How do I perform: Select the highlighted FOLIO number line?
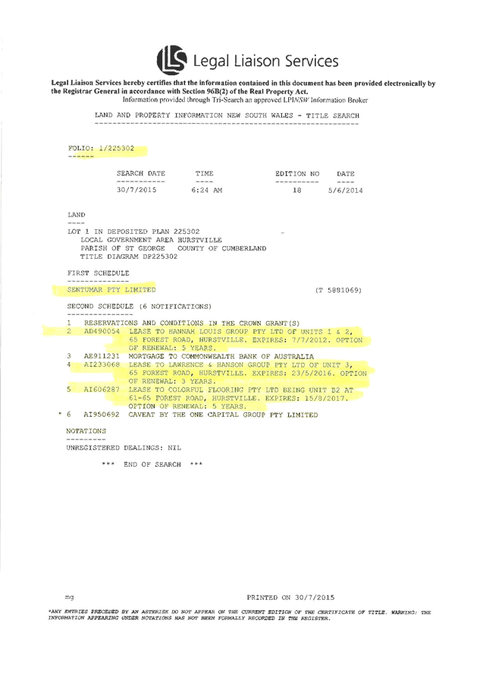tap(102, 149)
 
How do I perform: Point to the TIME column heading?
tap(204, 174)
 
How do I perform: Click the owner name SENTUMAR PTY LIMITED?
tap(111, 290)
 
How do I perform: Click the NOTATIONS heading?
tap(86, 430)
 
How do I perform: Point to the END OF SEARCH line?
tap(152, 462)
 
